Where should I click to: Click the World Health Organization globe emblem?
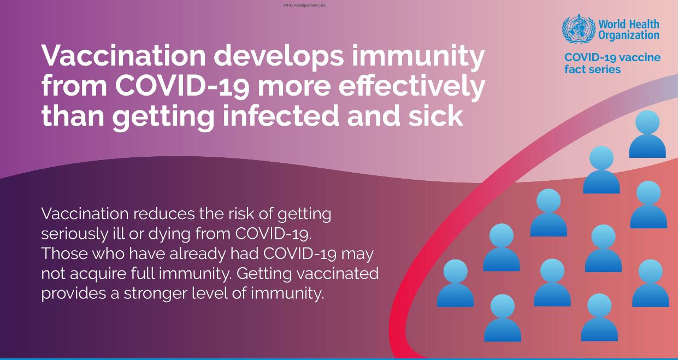click(579, 29)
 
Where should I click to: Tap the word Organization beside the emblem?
click(628, 36)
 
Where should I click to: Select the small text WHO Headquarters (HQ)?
click(305, 5)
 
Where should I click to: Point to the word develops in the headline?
click(279, 56)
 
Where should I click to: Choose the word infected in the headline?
click(281, 116)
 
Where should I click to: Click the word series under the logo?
click(604, 69)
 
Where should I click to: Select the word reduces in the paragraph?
click(164, 214)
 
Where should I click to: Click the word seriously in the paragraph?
click(74, 234)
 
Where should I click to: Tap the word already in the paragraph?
click(197, 253)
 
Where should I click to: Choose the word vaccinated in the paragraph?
click(338, 274)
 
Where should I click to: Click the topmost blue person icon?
click(647, 134)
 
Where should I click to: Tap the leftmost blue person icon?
click(455, 284)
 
